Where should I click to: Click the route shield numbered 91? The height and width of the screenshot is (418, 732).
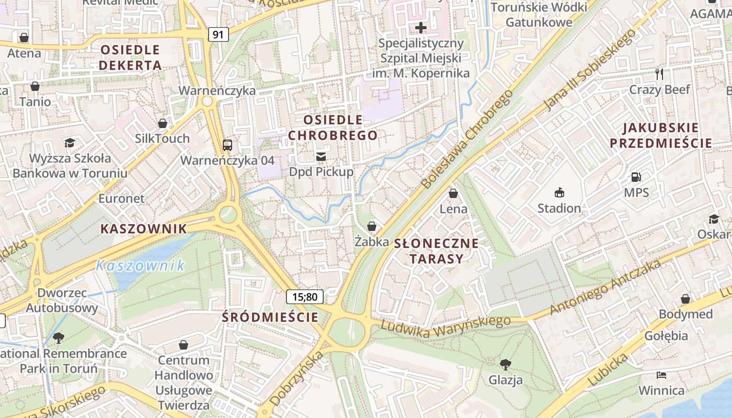(218, 34)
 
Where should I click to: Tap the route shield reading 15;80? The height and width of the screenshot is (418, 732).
(305, 297)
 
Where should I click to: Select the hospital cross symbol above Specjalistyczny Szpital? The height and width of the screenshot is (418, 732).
(421, 28)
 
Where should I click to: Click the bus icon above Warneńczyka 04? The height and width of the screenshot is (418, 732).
(227, 145)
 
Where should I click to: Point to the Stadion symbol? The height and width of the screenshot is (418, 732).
(559, 192)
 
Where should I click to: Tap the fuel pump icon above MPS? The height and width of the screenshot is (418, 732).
(636, 178)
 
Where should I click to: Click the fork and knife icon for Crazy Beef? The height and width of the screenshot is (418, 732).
(659, 74)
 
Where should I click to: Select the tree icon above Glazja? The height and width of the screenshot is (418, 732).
(505, 364)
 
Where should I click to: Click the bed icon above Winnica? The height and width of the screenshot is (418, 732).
(661, 375)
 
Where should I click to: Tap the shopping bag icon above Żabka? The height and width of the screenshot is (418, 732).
(372, 226)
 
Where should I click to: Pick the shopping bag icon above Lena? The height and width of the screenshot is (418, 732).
(453, 193)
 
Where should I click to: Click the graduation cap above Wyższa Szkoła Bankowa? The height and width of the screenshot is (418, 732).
(70, 143)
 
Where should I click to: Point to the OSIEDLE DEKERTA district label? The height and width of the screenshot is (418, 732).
(130, 57)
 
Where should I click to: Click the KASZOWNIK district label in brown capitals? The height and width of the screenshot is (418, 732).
(143, 229)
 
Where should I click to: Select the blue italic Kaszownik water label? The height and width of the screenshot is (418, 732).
(141, 265)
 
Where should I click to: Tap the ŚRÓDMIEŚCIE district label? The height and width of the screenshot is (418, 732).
(270, 317)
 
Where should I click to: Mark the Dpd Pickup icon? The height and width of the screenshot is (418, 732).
(321, 156)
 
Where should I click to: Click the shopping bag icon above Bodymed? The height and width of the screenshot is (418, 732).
(685, 299)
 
